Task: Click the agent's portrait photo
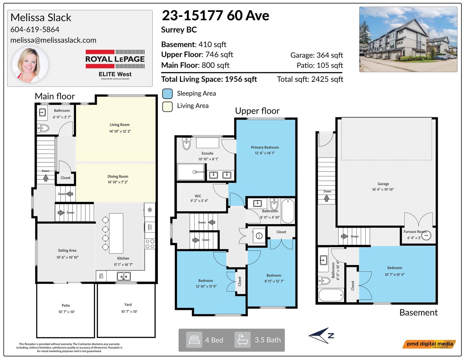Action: pyautogui.click(x=30, y=65)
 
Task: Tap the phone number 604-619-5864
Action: pyautogui.click(x=35, y=29)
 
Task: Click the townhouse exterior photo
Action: pyautogui.click(x=408, y=39)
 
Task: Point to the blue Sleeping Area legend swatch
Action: pyautogui.click(x=167, y=94)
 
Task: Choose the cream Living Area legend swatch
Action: pyautogui.click(x=167, y=107)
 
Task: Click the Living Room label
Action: pyautogui.click(x=119, y=125)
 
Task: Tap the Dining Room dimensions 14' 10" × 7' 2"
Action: pyautogui.click(x=118, y=182)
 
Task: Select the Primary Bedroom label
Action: pyautogui.click(x=265, y=148)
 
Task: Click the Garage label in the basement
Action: pyautogui.click(x=383, y=184)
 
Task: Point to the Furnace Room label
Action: pyautogui.click(x=414, y=232)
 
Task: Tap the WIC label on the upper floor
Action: pyautogui.click(x=198, y=196)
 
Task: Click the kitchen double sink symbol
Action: pyautogui.click(x=124, y=276)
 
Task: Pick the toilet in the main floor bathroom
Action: pyautogui.click(x=43, y=128)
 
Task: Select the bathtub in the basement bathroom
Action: pyautogui.click(x=331, y=295)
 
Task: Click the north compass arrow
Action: pyautogui.click(x=321, y=335)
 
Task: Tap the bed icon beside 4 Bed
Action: pyautogui.click(x=194, y=340)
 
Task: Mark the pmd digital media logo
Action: pyautogui.click(x=429, y=344)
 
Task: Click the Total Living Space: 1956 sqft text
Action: pyautogui.click(x=209, y=79)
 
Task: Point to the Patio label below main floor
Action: pyautogui.click(x=66, y=306)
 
